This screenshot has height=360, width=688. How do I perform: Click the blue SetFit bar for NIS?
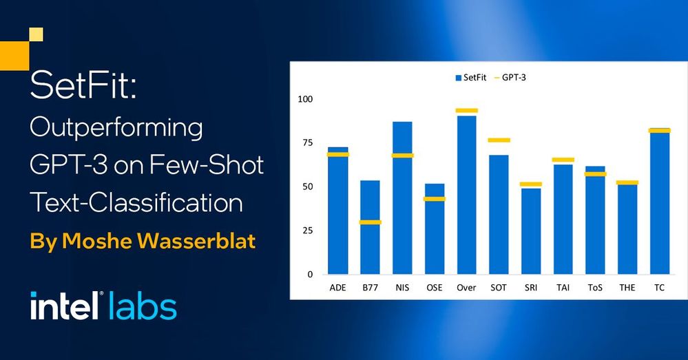click(x=402, y=198)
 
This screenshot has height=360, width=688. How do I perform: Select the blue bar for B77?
click(x=370, y=227)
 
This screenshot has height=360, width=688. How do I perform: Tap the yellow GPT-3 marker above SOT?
click(x=499, y=140)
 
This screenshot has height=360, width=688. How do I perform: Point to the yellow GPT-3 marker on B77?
click(x=370, y=222)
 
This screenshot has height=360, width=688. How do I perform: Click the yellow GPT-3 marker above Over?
click(x=466, y=111)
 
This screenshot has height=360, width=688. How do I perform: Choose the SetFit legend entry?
click(x=471, y=78)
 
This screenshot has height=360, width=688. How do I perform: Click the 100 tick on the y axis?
click(x=305, y=99)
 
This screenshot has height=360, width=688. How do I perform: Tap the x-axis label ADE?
click(x=338, y=288)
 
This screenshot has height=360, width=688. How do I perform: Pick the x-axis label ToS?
click(x=595, y=288)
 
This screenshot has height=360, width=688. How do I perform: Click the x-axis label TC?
click(x=659, y=288)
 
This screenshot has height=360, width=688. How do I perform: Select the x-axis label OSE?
click(x=435, y=288)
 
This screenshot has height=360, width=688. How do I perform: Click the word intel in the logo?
click(x=65, y=305)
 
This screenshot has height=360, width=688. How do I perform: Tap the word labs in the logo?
click(x=141, y=305)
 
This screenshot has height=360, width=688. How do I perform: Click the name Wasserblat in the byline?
click(x=196, y=241)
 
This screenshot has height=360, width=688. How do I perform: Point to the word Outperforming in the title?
click(x=116, y=128)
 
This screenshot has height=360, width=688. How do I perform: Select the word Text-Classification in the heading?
click(x=136, y=203)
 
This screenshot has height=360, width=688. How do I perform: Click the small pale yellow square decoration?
click(x=36, y=34)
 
